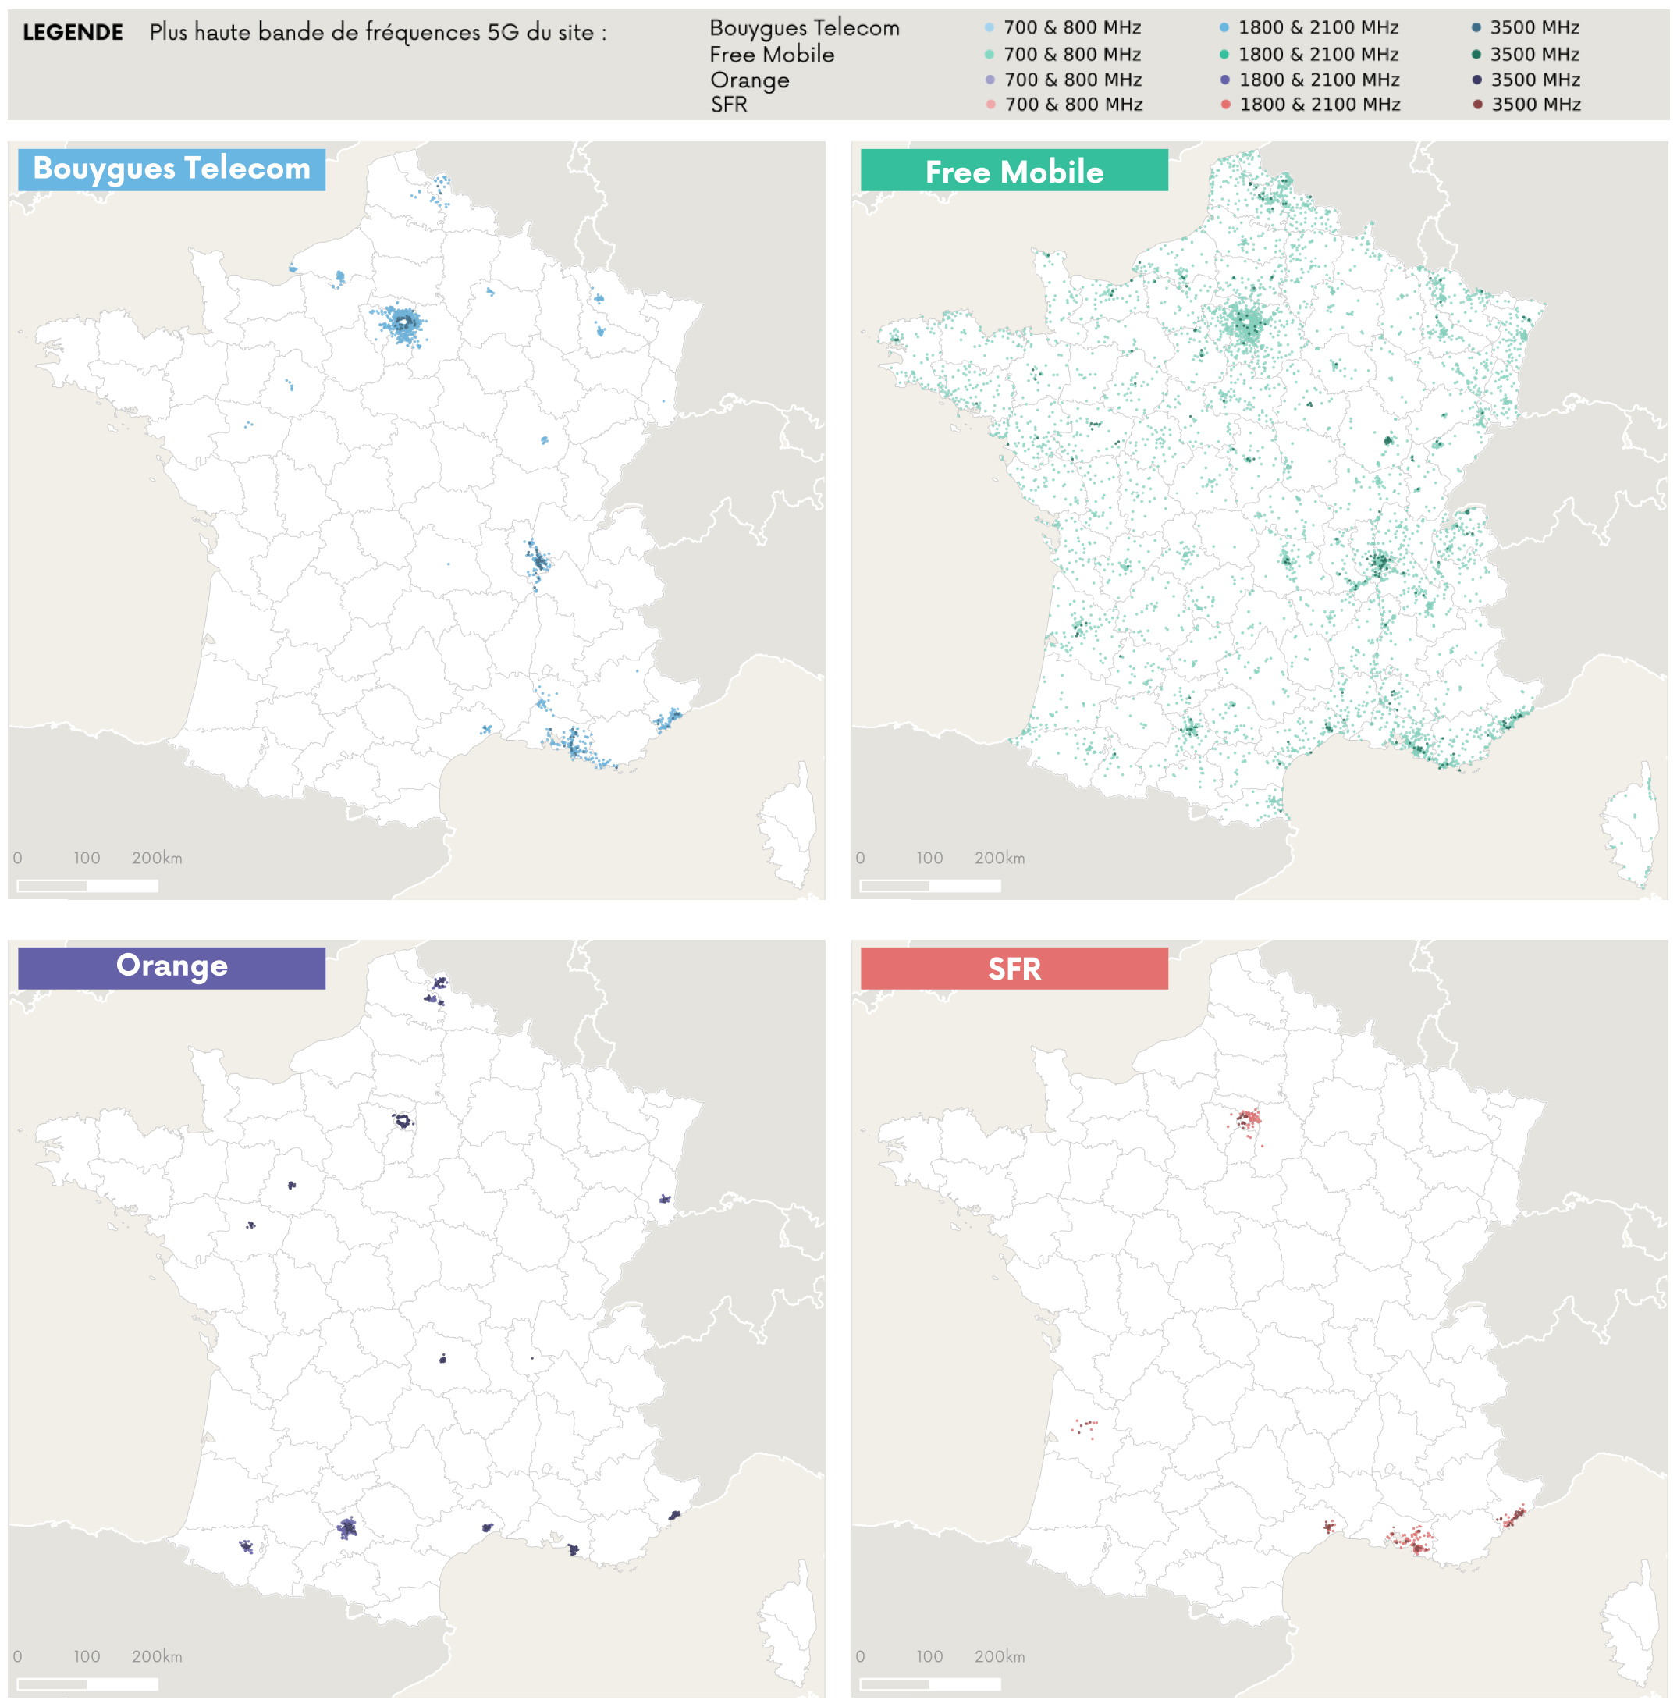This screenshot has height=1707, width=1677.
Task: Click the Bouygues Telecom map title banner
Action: click(x=172, y=169)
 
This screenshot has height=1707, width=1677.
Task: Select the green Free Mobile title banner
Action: click(x=1014, y=171)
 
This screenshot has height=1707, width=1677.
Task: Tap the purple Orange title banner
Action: click(x=172, y=967)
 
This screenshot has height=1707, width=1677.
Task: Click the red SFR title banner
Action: click(x=1014, y=969)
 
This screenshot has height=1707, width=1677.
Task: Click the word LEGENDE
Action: click(x=73, y=33)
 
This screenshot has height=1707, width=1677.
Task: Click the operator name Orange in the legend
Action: click(x=750, y=80)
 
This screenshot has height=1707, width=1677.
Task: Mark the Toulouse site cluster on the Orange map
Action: click(x=347, y=1528)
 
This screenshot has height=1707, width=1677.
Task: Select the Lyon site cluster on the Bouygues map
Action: click(x=537, y=560)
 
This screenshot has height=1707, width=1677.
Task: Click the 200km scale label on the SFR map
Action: click(x=1000, y=1656)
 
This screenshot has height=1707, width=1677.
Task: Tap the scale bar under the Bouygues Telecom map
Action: click(x=87, y=885)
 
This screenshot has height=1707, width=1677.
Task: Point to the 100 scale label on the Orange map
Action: click(x=87, y=1656)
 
